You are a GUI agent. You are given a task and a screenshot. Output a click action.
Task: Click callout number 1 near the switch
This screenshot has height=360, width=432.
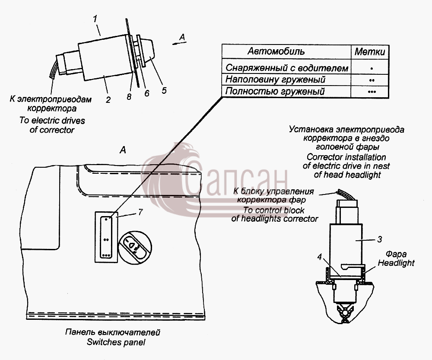tap(95, 19)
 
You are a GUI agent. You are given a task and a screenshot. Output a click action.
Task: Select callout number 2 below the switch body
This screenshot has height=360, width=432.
tap(108, 99)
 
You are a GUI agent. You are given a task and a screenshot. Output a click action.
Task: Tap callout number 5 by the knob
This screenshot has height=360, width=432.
tap(164, 90)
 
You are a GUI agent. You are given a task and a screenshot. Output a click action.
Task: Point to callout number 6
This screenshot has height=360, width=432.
tap(147, 93)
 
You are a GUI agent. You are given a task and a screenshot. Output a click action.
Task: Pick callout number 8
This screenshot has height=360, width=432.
tap(129, 97)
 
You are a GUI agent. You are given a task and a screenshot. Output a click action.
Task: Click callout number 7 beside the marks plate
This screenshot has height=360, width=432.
tap(140, 212)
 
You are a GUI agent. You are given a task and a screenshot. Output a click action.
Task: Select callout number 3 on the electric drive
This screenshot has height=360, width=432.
tap(380, 239)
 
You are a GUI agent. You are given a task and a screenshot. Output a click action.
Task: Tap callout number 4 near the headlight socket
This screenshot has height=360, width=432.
tap(319, 257)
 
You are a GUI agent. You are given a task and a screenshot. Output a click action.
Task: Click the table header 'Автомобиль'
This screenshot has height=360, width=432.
tap(276, 51)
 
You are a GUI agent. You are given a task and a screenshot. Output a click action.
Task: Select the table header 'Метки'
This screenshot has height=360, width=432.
tap(370, 51)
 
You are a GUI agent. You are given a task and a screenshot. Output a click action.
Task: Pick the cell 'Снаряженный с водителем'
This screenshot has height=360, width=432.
tap(287, 68)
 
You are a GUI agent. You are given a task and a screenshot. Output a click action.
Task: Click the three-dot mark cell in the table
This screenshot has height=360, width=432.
tap(372, 92)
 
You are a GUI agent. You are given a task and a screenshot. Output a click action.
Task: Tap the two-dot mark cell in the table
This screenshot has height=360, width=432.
tap(372, 80)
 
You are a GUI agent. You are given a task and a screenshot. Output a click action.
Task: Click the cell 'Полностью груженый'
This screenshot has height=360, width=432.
tap(275, 91)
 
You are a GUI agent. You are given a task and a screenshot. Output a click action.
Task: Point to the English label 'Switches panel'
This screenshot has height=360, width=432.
tap(116, 342)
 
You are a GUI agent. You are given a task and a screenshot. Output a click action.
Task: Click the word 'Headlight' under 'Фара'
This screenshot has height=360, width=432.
tap(396, 263)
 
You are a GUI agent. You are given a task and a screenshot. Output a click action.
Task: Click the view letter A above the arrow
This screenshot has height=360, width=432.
tap(182, 37)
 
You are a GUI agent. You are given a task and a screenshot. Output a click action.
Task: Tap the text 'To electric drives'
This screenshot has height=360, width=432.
tap(52, 121)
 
